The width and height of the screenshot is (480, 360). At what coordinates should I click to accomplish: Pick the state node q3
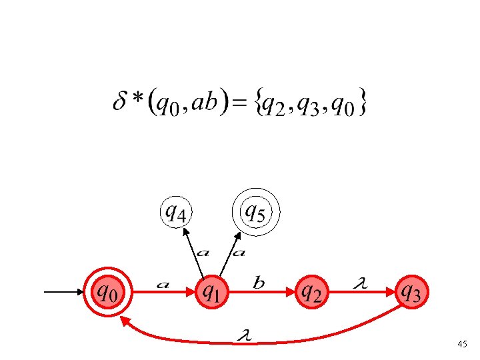(x=411, y=291)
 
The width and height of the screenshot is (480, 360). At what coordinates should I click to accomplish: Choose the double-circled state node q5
(x=256, y=213)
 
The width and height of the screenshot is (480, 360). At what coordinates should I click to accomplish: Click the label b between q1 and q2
(x=259, y=283)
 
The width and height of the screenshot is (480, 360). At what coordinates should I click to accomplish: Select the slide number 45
(x=462, y=344)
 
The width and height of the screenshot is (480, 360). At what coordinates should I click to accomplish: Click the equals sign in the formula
(x=245, y=103)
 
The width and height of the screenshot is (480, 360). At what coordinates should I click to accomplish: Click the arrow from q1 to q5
(x=227, y=255)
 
